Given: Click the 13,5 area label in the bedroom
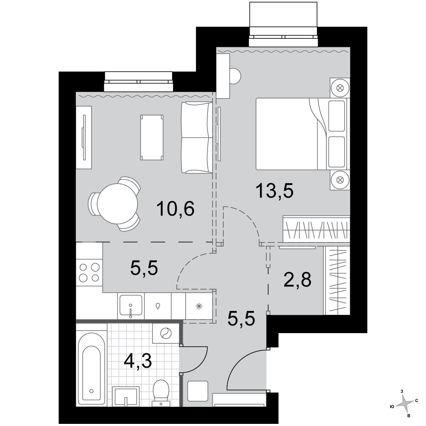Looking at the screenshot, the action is pos(274,191).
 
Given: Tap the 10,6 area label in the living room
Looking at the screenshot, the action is pos(176,209).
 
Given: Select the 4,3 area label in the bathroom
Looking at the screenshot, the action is pos(138,361).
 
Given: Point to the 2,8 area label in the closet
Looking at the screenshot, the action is pos(297,280).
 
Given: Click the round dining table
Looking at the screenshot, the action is pos(118,204).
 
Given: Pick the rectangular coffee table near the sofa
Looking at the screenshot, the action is pos(152,138).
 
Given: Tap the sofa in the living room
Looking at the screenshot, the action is pos(197,137).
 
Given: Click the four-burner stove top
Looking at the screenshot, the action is pos(89,273).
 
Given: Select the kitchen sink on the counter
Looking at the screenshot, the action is pos(131,306).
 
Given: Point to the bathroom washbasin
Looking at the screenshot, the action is pos(126,396).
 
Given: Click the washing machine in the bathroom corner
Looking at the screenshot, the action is pos(166,333).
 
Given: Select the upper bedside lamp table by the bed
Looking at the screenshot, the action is pos(340,88).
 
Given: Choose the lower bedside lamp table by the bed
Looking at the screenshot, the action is pos(340,180).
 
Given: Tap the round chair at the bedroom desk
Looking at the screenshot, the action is pos(235,76).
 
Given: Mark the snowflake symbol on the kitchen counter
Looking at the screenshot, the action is pos(199,306).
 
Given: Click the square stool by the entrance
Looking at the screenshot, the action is pos(198,391).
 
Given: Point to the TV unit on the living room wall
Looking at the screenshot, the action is pos(83,138).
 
